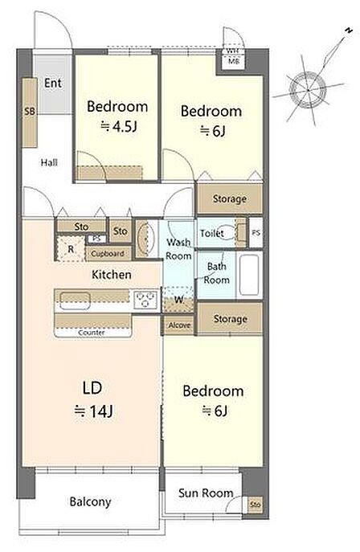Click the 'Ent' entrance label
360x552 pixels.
[53, 83]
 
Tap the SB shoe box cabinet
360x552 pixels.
[30, 112]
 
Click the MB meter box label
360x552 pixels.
[234, 62]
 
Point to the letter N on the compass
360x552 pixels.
[349, 31]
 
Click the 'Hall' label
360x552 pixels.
[49, 162]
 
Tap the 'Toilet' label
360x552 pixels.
[212, 233]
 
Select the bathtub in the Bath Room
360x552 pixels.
[249, 276]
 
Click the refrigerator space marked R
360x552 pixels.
[71, 249]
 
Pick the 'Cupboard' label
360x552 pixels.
[108, 253]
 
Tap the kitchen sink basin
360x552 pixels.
[75, 301]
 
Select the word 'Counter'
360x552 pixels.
[91, 333]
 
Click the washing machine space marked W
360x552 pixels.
[178, 300]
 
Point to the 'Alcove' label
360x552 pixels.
[179, 325]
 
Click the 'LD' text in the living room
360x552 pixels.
[92, 387]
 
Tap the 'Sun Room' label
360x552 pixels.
[206, 493]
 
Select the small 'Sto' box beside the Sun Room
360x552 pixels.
[255, 505]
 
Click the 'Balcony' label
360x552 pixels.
[90, 501]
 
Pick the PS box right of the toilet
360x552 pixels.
[256, 233]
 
